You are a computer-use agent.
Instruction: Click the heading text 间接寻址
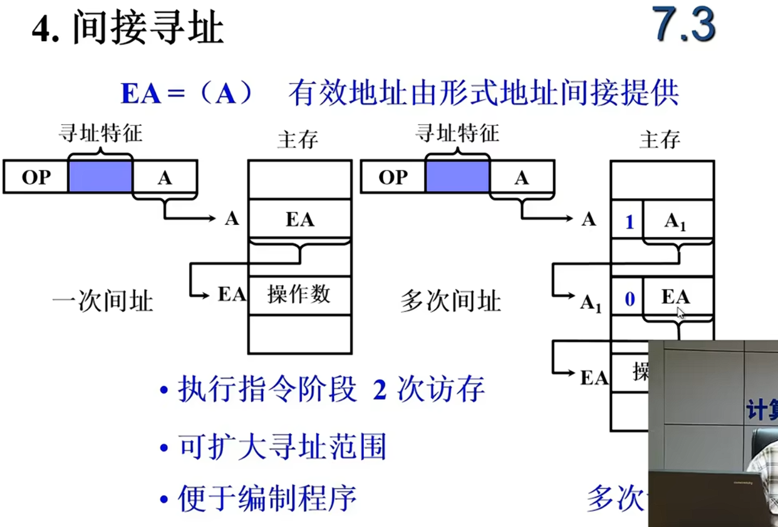coord(148,28)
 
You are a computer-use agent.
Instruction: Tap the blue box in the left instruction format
coord(100,177)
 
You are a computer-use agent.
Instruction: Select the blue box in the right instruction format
coord(457,177)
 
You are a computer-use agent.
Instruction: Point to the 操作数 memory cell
coord(299,295)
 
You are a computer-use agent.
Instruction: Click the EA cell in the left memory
coord(299,219)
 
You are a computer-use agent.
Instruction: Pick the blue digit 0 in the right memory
coord(630,300)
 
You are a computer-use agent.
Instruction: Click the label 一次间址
coord(103,301)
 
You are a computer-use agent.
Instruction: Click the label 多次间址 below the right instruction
coord(451,301)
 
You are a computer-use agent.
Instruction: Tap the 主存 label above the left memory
coord(298,139)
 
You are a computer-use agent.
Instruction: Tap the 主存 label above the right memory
coord(660,139)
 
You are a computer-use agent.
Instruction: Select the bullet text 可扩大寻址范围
coord(282,447)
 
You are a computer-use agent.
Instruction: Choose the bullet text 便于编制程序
coord(267,499)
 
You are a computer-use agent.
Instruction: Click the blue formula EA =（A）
coord(187,95)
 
